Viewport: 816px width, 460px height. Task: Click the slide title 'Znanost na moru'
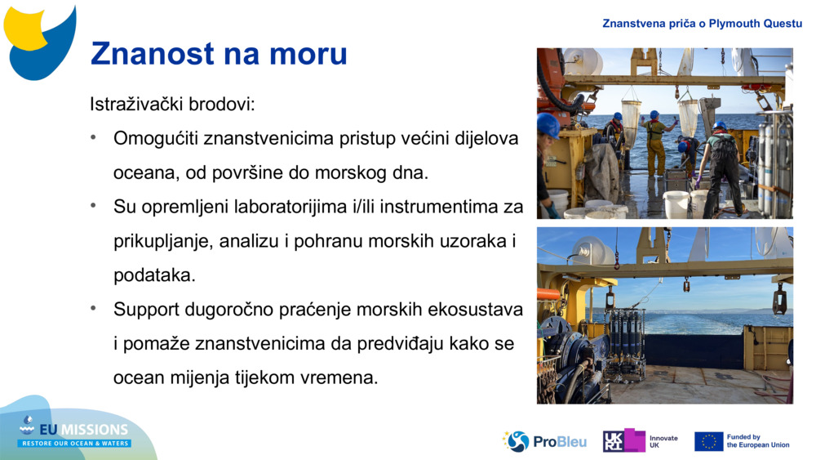pyautogui.click(x=219, y=54)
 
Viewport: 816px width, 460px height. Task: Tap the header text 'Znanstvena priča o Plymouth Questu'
pyautogui.click(x=702, y=23)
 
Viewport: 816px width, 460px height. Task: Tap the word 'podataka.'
pyautogui.click(x=154, y=275)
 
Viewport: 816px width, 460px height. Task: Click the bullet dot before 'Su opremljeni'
pyautogui.click(x=95, y=206)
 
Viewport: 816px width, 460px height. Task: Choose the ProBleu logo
pyautogui.click(x=544, y=441)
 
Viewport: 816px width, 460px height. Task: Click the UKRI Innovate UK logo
pyautogui.click(x=641, y=441)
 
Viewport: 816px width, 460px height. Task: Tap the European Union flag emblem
pyautogui.click(x=708, y=441)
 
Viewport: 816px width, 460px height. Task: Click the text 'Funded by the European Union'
pyautogui.click(x=758, y=441)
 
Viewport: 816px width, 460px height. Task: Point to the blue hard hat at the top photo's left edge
pyautogui.click(x=548, y=125)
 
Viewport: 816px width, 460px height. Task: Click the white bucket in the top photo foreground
pyautogui.click(x=676, y=203)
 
